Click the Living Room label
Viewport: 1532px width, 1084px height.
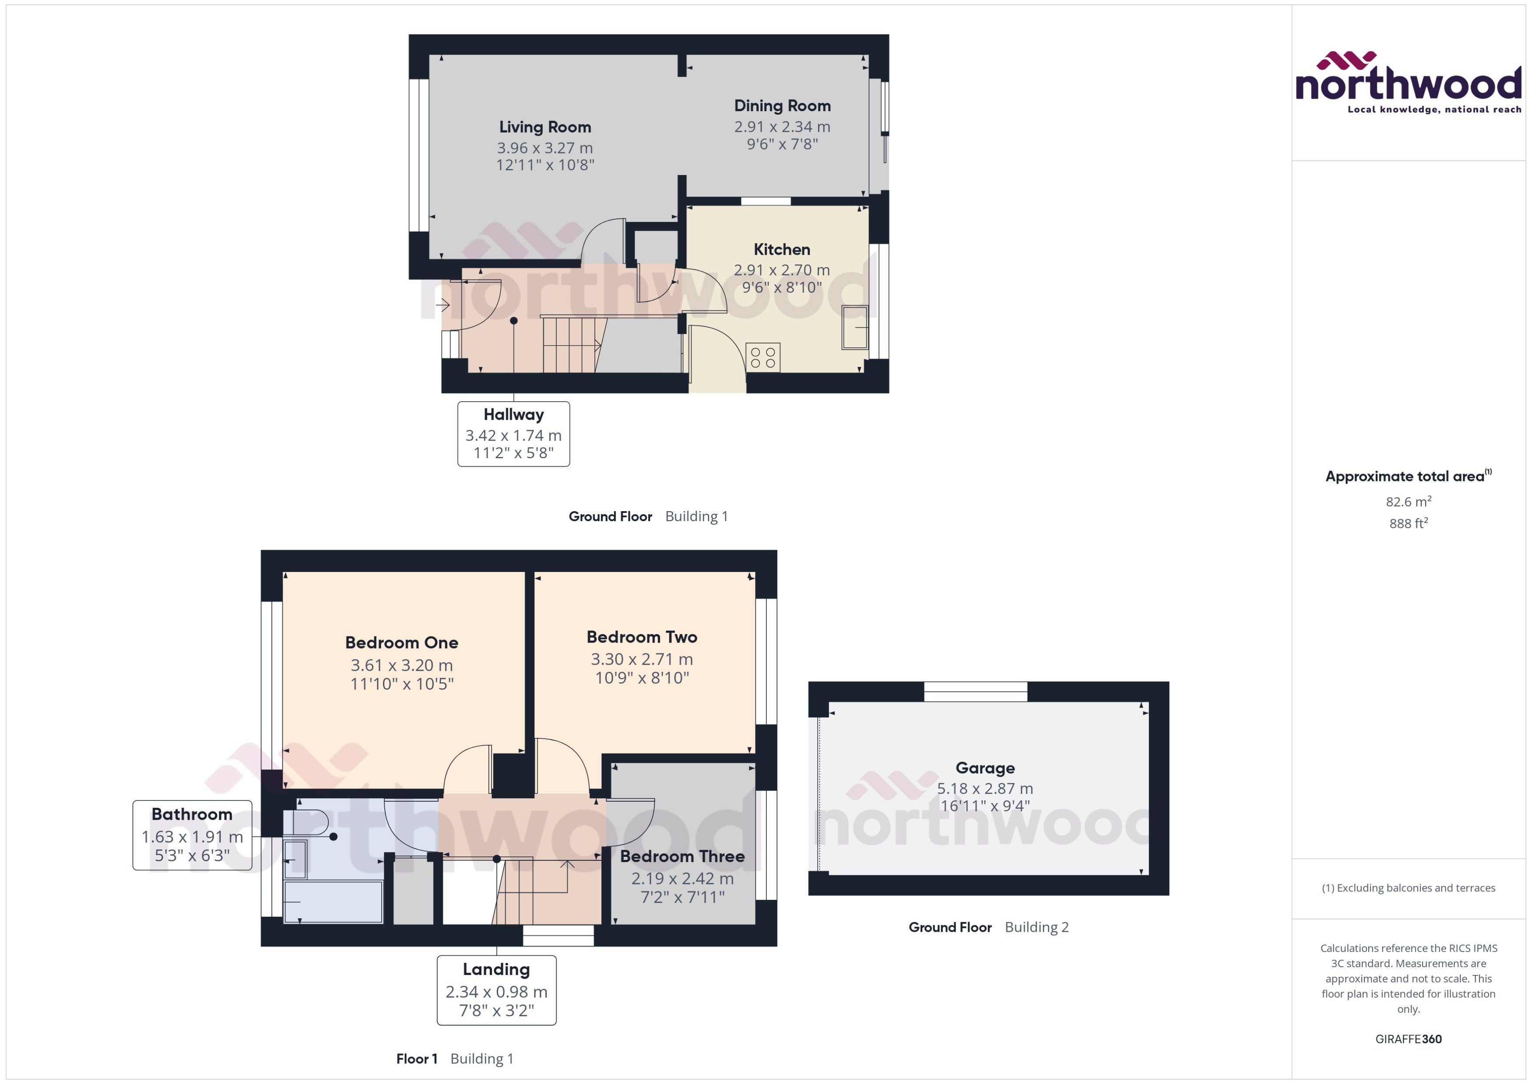click(x=545, y=127)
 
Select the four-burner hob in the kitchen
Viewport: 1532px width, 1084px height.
click(x=762, y=357)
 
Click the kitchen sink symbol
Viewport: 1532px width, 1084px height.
click(x=854, y=327)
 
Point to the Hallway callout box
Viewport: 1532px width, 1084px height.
click(x=513, y=434)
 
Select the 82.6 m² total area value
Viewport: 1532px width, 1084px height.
click(x=1408, y=501)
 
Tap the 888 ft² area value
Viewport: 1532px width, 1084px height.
click(x=1408, y=523)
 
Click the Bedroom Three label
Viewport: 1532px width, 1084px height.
click(x=682, y=856)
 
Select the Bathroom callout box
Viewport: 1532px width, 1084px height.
click(x=192, y=835)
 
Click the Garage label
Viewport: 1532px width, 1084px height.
click(x=984, y=768)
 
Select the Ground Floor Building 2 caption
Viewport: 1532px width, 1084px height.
click(x=988, y=927)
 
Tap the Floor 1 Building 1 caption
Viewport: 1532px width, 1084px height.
click(x=455, y=1059)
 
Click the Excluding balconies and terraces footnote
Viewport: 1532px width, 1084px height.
click(x=1408, y=888)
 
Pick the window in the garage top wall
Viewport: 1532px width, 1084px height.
click(x=975, y=691)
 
